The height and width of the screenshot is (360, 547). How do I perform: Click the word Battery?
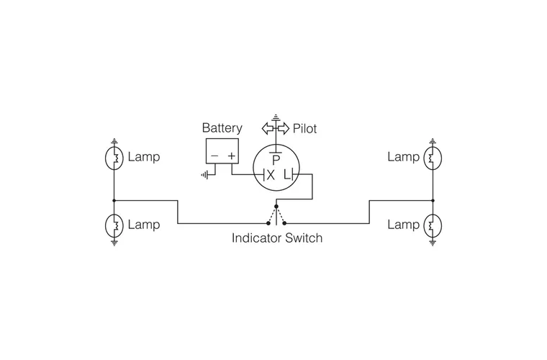coord(222,129)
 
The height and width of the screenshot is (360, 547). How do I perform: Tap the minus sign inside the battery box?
coord(214,156)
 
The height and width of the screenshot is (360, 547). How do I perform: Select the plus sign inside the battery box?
coord(232,156)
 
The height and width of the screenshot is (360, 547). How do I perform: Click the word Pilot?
coord(304,130)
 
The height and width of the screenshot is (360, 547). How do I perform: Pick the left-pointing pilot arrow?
coord(268,129)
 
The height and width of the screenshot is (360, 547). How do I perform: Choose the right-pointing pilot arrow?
coord(283,129)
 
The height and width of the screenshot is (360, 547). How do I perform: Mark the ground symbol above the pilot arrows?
coord(276,117)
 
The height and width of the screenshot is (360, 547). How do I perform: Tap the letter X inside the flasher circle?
coord(270,175)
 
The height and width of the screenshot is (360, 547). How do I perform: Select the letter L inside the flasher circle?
coord(286,175)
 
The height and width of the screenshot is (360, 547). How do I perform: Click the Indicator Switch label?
coord(276,238)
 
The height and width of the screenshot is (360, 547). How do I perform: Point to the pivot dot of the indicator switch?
coord(276,206)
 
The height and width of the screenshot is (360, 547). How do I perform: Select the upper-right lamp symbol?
coord(433,158)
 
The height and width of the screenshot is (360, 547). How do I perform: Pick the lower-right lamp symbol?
coord(433,225)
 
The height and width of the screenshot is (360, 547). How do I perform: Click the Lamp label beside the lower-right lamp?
coord(403,225)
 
